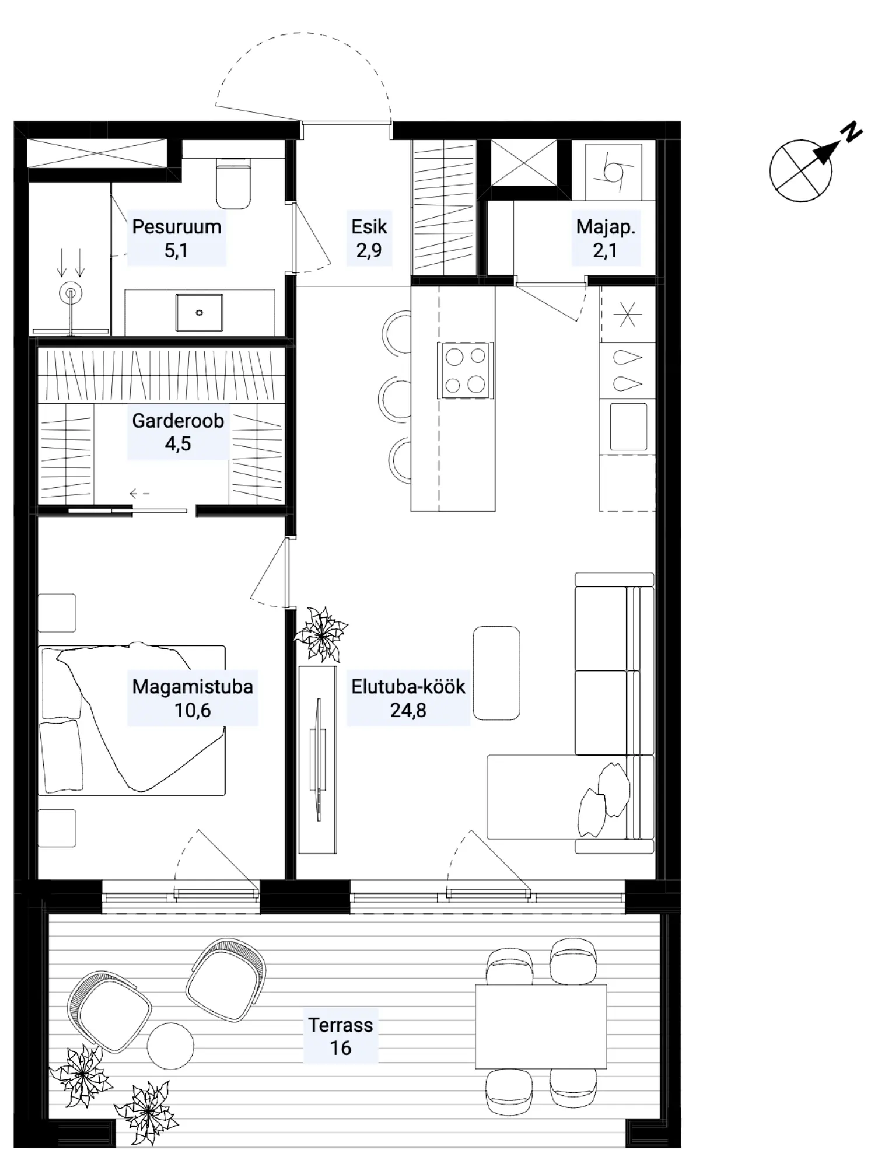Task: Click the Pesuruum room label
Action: (176, 227)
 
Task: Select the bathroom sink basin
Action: (199, 313)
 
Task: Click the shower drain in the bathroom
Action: (71, 294)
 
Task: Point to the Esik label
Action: (369, 226)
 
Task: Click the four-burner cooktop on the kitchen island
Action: (465, 370)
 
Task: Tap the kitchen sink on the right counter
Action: (628, 427)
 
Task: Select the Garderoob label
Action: (178, 420)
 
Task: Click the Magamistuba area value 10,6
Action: (192, 710)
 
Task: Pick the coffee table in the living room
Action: (496, 673)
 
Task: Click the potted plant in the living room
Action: (320, 634)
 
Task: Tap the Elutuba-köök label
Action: (408, 687)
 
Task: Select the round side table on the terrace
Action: (170, 1046)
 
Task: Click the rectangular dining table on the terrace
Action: (541, 1026)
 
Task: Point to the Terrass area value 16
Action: (341, 1047)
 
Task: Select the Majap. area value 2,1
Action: (605, 250)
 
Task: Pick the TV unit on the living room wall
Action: (318, 759)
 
